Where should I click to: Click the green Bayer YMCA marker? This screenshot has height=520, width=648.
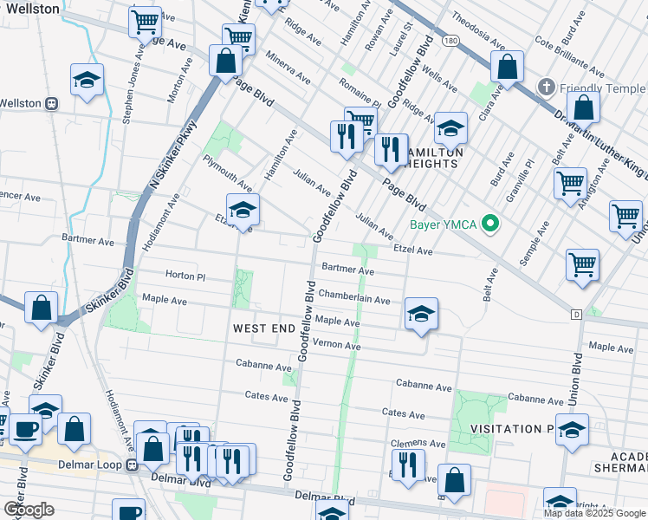point(490,224)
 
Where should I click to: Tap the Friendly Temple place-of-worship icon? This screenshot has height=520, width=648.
point(546,88)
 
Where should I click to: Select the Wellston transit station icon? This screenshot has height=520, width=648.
point(51,103)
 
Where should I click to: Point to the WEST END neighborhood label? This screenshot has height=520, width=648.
point(262,328)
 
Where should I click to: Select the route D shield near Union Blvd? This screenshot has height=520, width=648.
point(575,314)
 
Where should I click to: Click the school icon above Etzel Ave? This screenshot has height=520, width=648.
point(243,209)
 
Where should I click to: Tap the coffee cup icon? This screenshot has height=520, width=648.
point(24,429)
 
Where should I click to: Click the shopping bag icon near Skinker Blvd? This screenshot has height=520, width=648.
point(42,308)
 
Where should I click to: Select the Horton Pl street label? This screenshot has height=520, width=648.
point(184,276)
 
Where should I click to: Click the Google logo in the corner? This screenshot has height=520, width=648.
point(29,509)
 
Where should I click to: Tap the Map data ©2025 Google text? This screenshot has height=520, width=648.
point(593,513)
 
